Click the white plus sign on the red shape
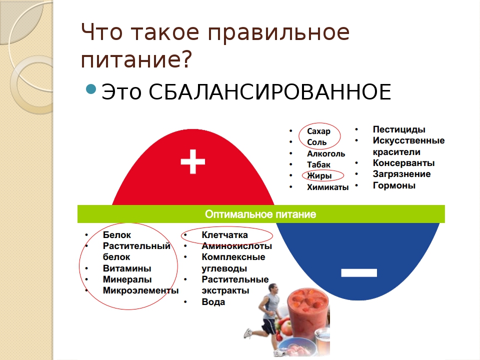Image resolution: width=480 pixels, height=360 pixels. tap(193, 161)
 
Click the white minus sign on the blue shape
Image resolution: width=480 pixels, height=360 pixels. tap(359, 272)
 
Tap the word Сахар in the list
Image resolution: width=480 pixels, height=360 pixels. tap(318, 131)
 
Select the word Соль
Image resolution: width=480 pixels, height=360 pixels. tap(317, 142)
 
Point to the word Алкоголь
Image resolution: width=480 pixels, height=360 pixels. tap(326, 153)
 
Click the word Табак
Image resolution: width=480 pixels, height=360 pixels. tap(318, 164)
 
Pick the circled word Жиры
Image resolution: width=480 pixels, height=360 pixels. tap(319, 175)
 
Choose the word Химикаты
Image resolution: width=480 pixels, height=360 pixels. tap(328, 187)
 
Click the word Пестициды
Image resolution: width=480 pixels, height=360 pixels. tap(399, 129)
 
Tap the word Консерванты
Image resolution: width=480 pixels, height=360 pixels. tap(403, 163)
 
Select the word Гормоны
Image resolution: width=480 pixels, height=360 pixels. tap(394, 185)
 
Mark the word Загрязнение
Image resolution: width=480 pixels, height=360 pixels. tap(401, 174)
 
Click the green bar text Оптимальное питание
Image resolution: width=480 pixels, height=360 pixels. tap(260, 214)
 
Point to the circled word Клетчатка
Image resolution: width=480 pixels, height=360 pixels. tap(224, 235)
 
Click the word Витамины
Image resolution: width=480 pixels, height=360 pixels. tap(127, 268)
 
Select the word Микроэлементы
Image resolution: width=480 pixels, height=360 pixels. tap(140, 290)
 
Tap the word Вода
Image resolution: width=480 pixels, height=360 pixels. tap(213, 302)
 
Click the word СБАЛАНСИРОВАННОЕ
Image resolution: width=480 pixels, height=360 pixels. tap(269, 91)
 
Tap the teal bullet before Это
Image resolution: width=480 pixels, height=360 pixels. tap(91, 89)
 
